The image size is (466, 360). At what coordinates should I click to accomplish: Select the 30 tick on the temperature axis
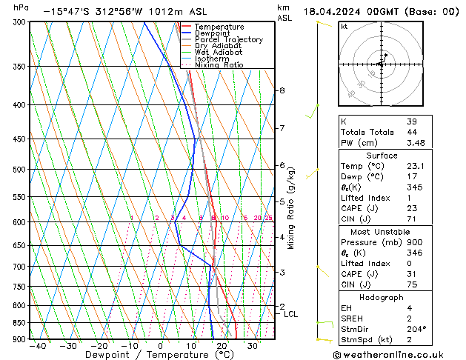tap(252, 346)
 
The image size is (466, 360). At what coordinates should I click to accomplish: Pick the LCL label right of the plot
tap(290, 314)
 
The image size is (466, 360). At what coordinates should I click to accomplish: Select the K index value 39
tap(411, 121)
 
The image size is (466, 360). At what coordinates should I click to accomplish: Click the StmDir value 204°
tap(416, 329)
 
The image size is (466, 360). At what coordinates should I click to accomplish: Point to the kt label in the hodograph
tap(344, 26)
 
